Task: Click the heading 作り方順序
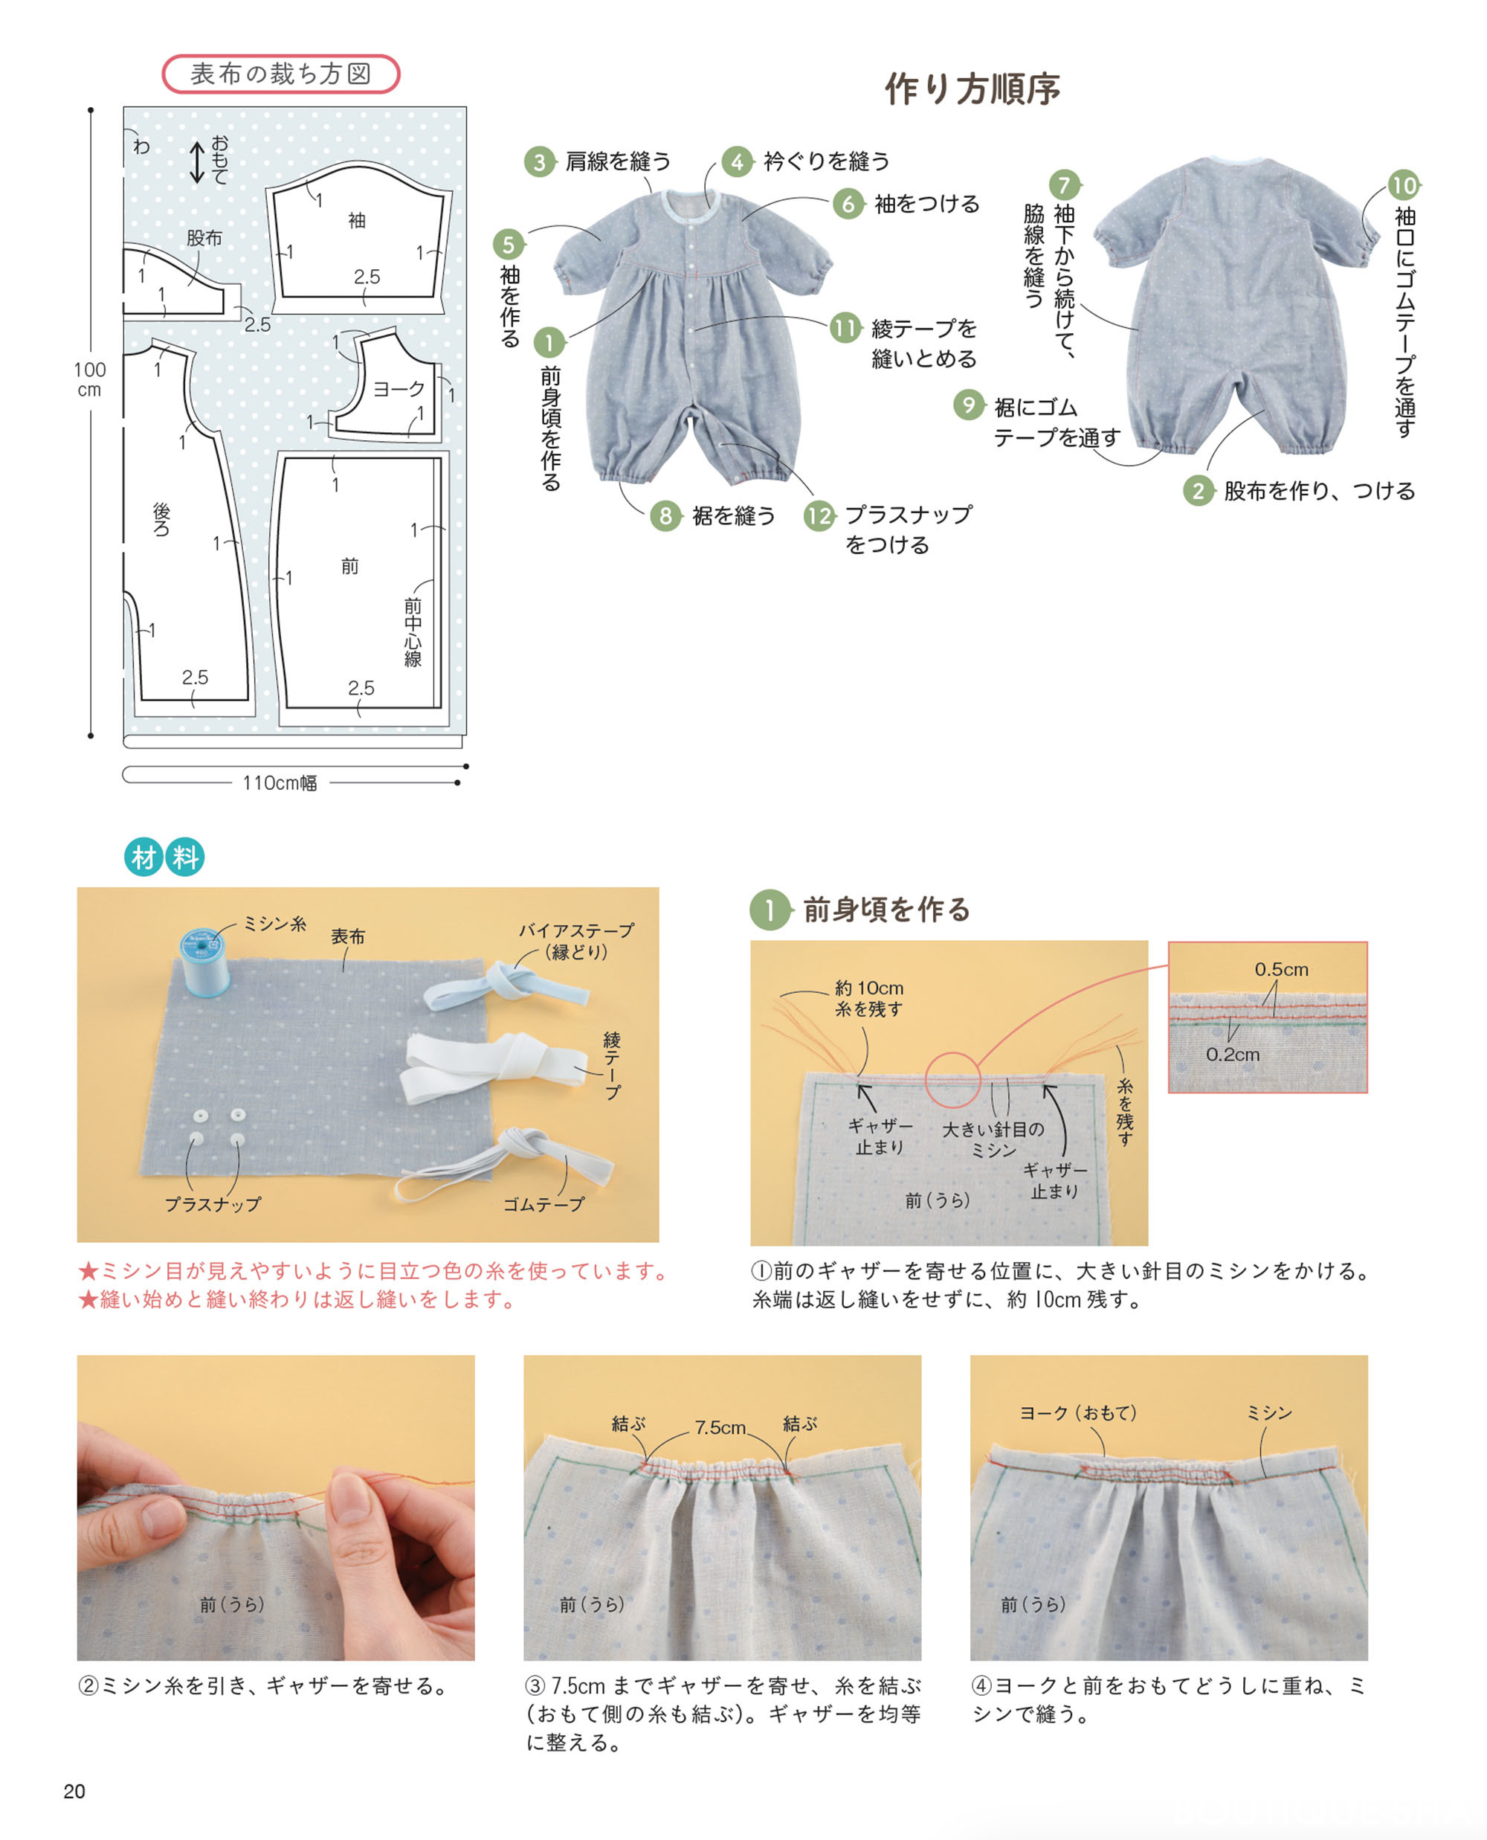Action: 972,89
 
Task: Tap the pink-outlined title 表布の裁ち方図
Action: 280,74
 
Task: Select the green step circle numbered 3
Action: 539,162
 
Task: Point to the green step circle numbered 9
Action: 969,405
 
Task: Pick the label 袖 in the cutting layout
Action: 356,221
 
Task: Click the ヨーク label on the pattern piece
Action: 399,389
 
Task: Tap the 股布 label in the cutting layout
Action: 204,238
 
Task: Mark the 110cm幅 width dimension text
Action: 280,783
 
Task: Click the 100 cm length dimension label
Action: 90,379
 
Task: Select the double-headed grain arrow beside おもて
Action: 196,162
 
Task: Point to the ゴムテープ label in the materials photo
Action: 543,1204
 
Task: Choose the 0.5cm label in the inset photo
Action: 1282,970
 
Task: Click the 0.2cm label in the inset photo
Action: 1233,1055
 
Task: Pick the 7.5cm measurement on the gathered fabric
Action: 720,1427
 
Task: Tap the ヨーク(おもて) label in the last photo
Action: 1077,1412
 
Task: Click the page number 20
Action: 74,1791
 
